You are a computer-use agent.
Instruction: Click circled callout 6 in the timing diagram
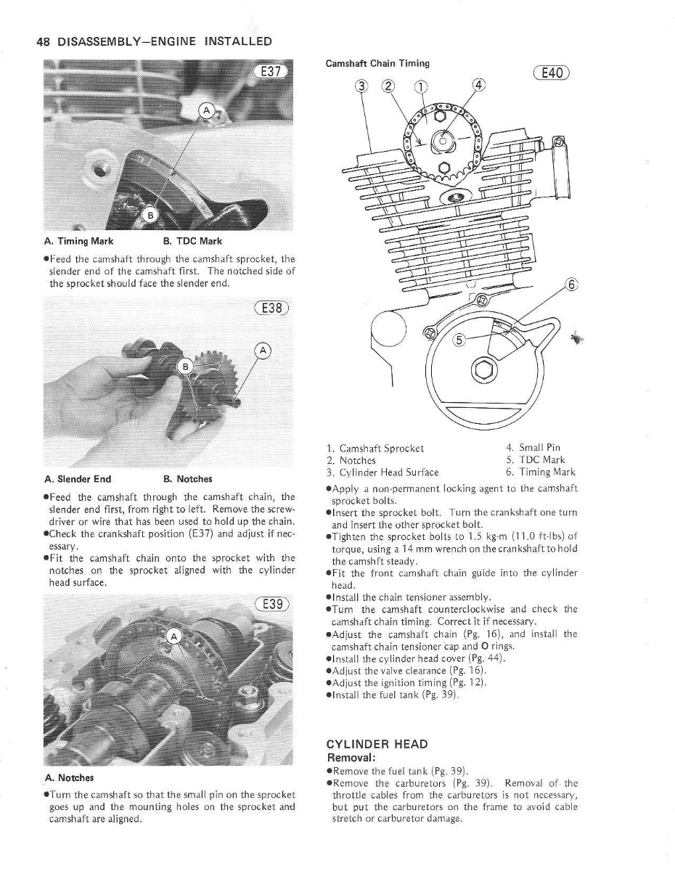[x=570, y=285]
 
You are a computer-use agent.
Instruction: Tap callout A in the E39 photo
[x=173, y=638]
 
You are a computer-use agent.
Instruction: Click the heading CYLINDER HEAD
[x=377, y=744]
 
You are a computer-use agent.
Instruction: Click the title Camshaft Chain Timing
[x=377, y=63]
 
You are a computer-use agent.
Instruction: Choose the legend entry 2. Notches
[x=351, y=460]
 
